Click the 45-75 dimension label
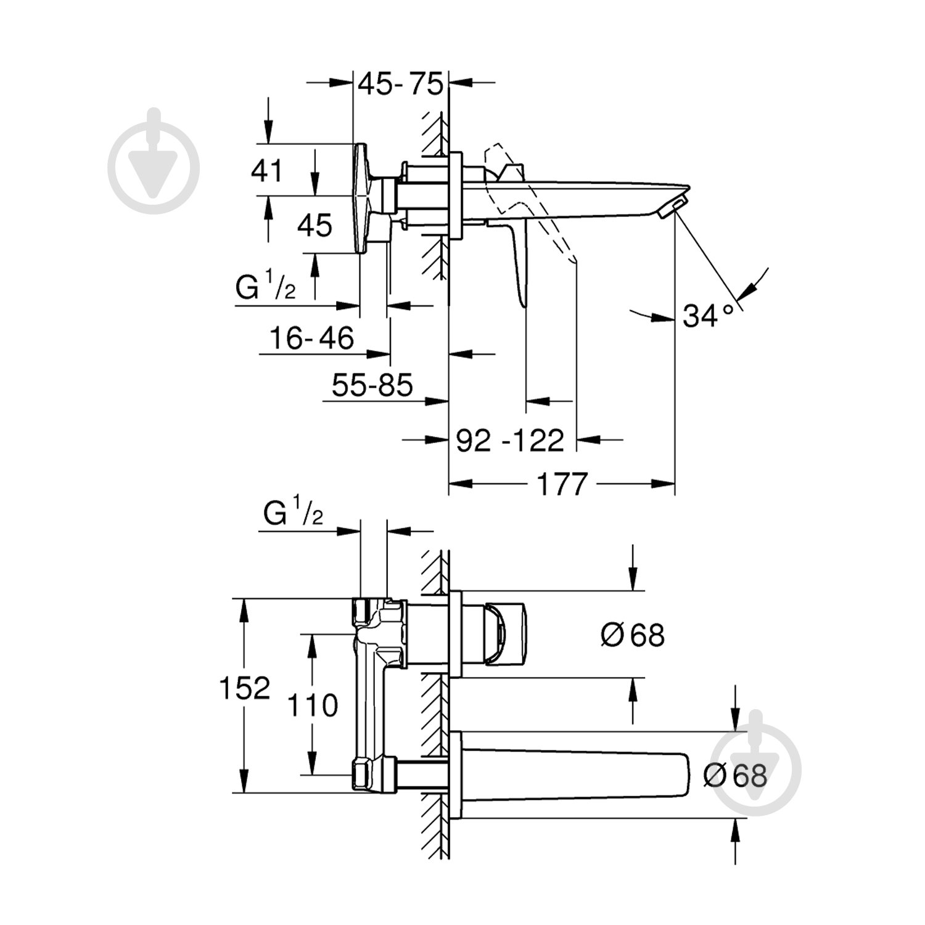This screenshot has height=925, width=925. pos(400,83)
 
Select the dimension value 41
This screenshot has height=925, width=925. pos(266,170)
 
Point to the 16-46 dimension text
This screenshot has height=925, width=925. pos(311,338)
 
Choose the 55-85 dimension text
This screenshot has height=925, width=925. pos(372,386)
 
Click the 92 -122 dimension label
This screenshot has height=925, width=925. pos(510,440)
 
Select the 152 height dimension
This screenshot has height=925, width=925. pos(245,688)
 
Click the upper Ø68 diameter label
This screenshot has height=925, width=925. pos(633,635)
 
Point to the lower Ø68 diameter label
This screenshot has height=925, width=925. pos(735,775)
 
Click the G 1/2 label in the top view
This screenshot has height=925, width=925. pos(266,288)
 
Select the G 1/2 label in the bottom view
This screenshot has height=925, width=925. pos(294,513)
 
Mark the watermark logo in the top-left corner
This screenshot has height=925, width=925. pos(154,162)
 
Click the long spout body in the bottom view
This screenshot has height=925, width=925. pos(573,775)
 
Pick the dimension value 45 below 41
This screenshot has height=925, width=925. pos(314,225)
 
